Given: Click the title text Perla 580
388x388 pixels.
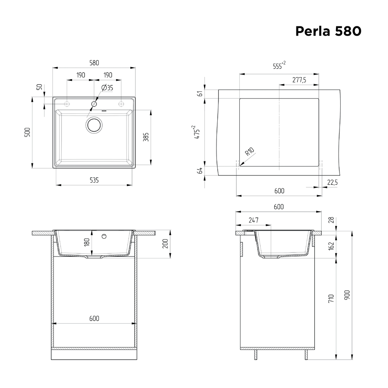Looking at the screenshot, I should pos(328,31).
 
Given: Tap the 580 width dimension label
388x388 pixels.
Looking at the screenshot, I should pos(94,62).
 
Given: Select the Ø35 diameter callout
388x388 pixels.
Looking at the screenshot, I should pos(107,88).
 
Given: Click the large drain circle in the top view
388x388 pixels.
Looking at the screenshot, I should pos(94,125).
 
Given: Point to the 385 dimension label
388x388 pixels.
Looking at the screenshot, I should pos(146,137).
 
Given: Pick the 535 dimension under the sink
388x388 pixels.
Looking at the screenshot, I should pos(94,180).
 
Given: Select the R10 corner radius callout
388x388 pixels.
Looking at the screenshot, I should pos(249,152).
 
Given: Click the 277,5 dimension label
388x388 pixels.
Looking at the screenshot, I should pos(299,80).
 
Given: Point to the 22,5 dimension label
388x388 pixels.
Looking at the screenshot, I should pos(333,182).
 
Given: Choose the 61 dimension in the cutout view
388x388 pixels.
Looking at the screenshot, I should pos(200,94).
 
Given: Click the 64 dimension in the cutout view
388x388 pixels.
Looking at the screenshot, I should pos(200,170).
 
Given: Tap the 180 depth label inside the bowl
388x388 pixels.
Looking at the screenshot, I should pos(87,242).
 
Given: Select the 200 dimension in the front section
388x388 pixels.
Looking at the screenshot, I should pos(165,244).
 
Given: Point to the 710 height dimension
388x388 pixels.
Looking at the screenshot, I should pos(331,298).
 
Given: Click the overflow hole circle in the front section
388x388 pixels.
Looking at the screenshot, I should pos(104,236).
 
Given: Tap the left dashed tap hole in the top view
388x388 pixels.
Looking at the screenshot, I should pos(67,104).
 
